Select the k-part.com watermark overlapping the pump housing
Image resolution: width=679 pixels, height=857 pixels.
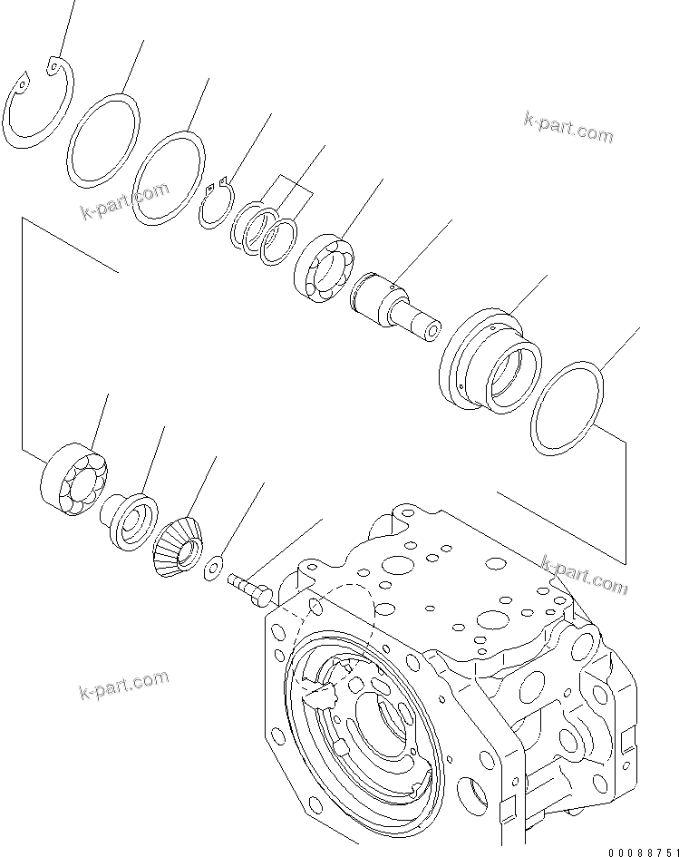pos(583,575)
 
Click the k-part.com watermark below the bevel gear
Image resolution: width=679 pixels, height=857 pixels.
pos(123,687)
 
